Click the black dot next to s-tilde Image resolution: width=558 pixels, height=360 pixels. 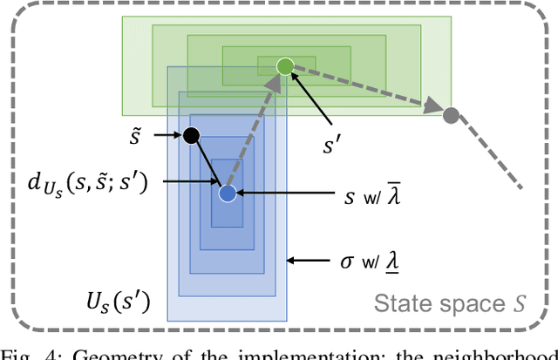point(191,135)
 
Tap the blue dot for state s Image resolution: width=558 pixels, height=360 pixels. point(227,194)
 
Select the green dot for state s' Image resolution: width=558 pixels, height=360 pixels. point(284,66)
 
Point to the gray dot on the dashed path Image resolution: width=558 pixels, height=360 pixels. point(451,114)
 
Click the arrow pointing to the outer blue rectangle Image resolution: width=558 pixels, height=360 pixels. point(310,259)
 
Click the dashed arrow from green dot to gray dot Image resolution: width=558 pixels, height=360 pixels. point(366,90)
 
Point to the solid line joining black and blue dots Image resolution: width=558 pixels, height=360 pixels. point(208,164)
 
